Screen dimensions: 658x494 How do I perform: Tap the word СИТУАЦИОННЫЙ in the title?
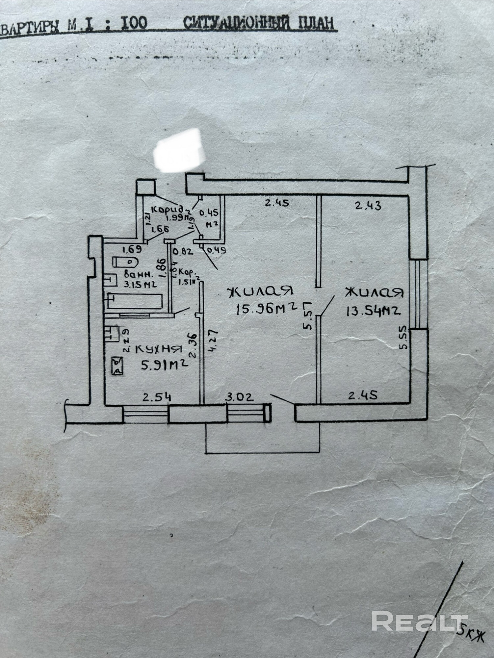coord(237,23)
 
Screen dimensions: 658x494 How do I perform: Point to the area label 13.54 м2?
coord(373,311)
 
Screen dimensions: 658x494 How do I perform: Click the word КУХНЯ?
coord(159,350)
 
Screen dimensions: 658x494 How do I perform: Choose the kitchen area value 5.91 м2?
coord(164,365)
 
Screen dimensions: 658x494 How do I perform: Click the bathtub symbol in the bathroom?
coord(135,301)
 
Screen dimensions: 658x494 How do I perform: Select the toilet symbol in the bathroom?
coord(125,262)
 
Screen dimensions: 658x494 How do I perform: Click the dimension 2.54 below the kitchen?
coord(157,397)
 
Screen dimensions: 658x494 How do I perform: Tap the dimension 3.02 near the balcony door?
coord(239,397)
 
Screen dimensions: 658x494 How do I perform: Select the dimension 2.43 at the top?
coord(368,206)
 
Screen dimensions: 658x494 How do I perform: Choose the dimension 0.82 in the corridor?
coord(182,252)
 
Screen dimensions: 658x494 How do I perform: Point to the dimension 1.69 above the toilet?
coord(131,249)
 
